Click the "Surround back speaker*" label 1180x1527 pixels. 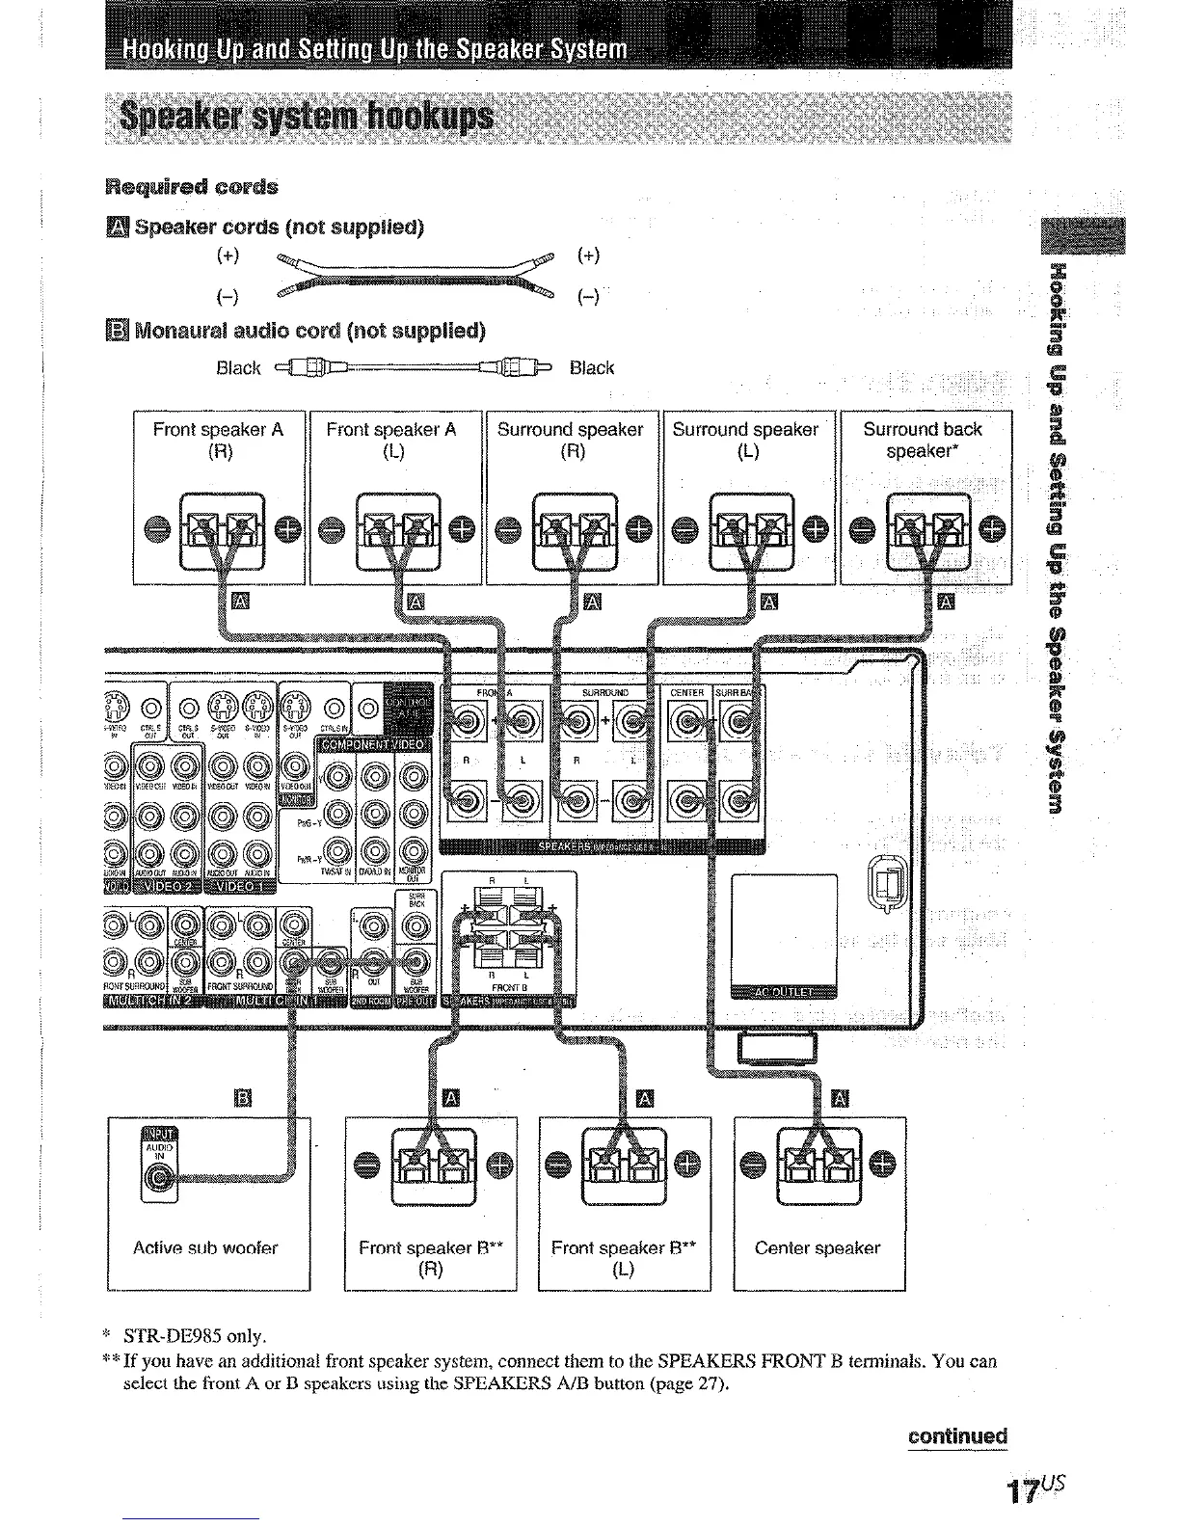[x=923, y=441]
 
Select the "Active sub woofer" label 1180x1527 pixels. [x=205, y=1248]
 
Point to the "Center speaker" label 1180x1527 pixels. [x=818, y=1248]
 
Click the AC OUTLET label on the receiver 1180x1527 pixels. [x=784, y=994]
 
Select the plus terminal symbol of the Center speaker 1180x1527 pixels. [x=881, y=1165]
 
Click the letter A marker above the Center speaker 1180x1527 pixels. [x=840, y=1098]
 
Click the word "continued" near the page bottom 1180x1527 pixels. [x=957, y=1436]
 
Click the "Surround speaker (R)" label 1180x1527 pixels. [x=571, y=441]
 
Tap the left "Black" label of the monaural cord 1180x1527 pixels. [x=238, y=368]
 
